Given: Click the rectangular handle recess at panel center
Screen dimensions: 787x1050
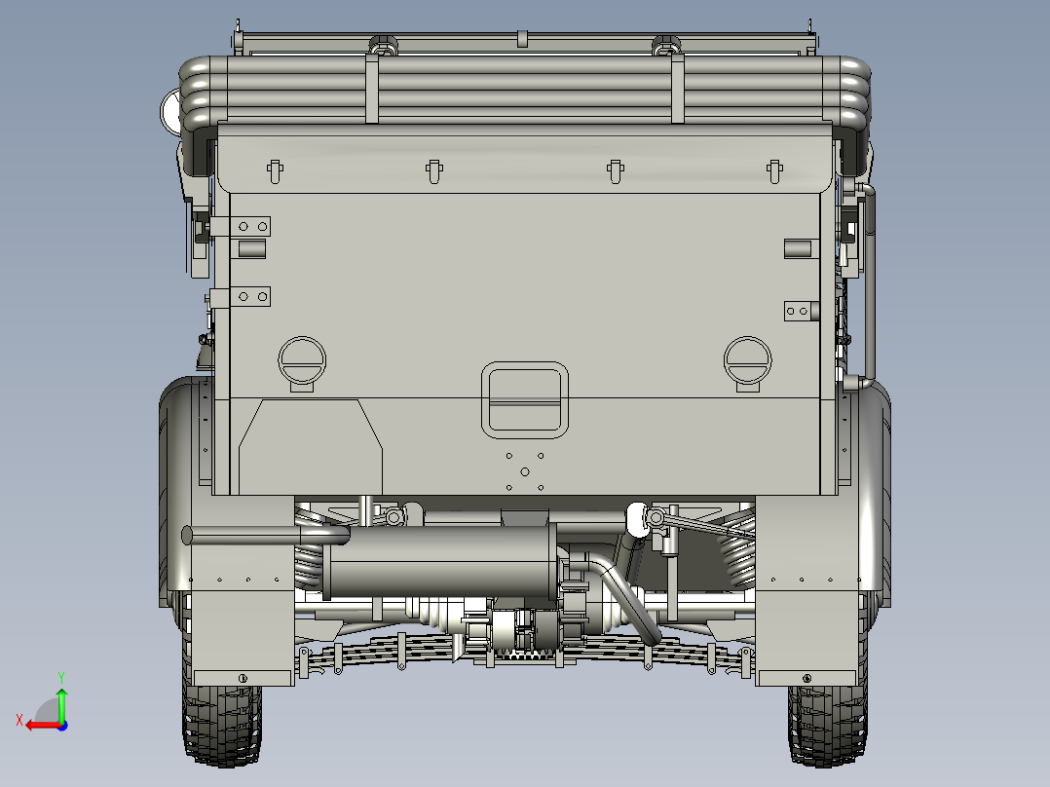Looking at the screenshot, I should [525, 398].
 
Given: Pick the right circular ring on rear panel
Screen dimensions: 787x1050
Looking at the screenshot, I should [748, 362].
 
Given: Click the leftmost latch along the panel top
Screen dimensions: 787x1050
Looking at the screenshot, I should [274, 169].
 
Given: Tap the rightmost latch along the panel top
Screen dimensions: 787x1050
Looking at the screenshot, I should [775, 170].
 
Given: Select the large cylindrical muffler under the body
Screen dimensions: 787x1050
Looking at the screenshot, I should [438, 565].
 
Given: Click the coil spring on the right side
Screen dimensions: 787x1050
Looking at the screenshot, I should [736, 555].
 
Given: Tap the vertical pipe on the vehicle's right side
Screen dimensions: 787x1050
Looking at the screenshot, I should [867, 282].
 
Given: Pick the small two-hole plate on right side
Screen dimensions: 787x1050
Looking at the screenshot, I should [797, 312].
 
